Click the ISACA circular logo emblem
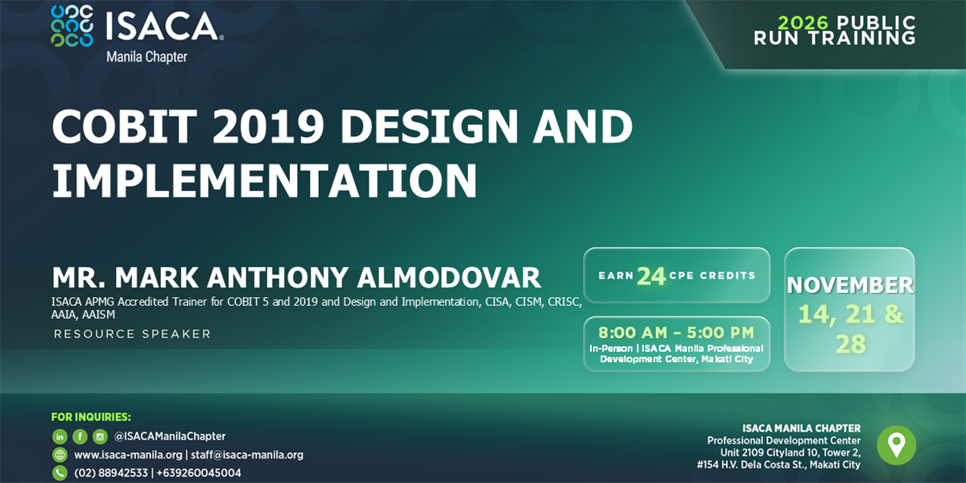72,26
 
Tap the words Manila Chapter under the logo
147,57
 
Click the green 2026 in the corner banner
803,23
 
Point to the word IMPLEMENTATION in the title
264,180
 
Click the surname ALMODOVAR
448,277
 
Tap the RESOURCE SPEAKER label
132,334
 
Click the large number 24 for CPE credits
651,276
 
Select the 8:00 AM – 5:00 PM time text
676,332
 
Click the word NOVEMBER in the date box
850,285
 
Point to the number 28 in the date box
850,345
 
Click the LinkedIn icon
60,437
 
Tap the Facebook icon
80,437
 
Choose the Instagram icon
100,437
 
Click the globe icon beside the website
60,455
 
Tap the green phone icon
60,473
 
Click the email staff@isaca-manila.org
247,455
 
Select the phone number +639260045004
199,473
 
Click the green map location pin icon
897,445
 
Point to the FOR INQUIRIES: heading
91,417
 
